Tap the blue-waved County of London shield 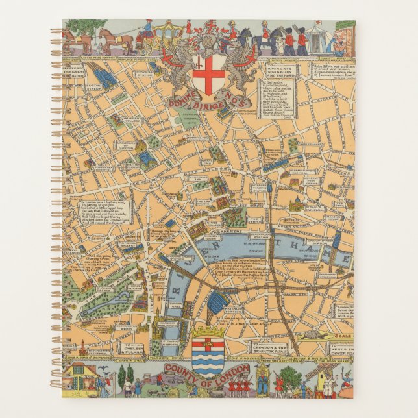(208, 354)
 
